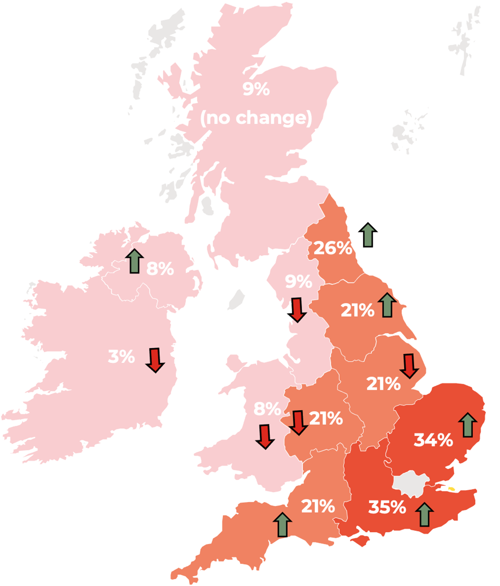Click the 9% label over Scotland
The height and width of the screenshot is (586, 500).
click(256, 89)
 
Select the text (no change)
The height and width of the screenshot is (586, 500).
click(256, 118)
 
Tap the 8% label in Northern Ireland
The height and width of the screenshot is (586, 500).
click(160, 269)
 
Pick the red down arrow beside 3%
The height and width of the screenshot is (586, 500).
click(155, 360)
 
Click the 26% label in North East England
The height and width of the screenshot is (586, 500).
click(333, 248)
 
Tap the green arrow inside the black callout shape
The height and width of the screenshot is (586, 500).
click(368, 234)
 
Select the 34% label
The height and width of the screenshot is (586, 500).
click(433, 439)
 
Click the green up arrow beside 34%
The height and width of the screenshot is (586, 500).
click(468, 425)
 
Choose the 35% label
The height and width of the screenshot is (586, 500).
click(387, 507)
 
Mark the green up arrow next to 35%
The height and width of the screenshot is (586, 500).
click(424, 514)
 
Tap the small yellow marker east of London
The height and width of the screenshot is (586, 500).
click(451, 488)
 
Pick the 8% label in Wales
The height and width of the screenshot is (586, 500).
click(267, 408)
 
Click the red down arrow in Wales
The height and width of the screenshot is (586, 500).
click(265, 436)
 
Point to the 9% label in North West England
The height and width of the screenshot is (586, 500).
click(298, 282)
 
